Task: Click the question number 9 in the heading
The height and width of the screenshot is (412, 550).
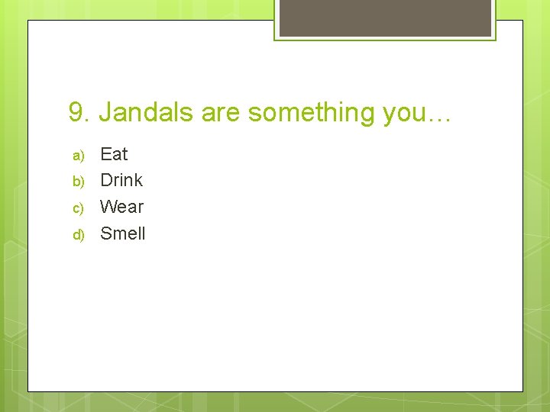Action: [76, 113]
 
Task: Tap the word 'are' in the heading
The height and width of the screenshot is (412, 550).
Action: [221, 113]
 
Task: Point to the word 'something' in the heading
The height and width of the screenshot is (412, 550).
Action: [311, 113]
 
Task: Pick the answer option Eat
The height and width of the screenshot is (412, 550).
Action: [114, 154]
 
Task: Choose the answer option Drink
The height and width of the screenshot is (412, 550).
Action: [121, 180]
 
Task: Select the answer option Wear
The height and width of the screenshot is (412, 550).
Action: [122, 207]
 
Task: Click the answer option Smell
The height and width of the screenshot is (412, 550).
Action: [123, 233]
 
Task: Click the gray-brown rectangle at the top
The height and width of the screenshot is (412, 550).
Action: [385, 17]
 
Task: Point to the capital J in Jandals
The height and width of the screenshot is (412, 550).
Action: [105, 113]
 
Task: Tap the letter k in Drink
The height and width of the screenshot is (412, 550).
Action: [138, 180]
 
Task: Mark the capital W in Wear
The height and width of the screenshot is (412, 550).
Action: [108, 207]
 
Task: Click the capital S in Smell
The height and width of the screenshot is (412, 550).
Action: [106, 233]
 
